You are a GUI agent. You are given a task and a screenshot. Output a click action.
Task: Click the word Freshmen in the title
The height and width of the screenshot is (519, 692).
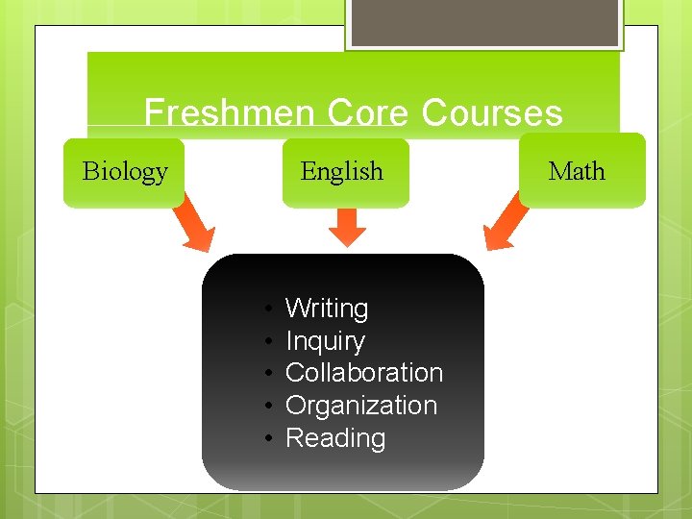229,113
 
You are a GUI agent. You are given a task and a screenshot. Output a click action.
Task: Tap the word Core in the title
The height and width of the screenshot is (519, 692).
367,113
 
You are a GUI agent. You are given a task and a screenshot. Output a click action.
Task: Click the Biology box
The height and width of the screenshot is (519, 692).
124,172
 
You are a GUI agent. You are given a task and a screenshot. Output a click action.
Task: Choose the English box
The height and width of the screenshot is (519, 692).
342,172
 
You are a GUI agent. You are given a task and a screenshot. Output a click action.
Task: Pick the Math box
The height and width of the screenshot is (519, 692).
577,171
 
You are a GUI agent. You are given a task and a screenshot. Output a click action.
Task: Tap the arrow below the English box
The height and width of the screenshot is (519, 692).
348,227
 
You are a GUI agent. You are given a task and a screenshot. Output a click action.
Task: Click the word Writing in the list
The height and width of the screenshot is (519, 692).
327,309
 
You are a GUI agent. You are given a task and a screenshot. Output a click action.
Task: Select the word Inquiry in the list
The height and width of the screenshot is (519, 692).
325,341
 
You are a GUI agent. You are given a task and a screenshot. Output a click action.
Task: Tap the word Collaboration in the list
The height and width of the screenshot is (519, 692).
364,373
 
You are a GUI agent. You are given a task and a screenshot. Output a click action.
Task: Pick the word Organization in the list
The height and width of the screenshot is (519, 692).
361,406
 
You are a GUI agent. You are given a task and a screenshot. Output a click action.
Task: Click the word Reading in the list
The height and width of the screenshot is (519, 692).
335,438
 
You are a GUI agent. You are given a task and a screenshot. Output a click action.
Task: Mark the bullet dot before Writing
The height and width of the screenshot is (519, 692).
272,309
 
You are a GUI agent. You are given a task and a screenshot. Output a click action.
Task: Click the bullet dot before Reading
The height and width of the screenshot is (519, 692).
272,439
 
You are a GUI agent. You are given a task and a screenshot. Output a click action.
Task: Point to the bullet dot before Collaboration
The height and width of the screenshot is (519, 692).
272,374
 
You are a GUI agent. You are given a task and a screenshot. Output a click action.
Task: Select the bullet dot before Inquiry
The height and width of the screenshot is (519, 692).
272,342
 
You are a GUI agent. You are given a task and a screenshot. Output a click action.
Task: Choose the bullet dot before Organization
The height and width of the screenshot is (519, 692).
272,407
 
